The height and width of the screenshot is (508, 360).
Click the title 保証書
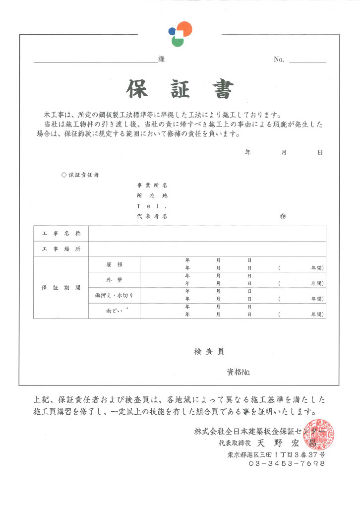pyautogui.click(x=179, y=89)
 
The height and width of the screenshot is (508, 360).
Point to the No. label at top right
pyautogui.click(x=279, y=60)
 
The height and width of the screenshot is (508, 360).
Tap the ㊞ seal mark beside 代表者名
pyautogui.click(x=283, y=216)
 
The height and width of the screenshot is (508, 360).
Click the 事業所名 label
pyautogui.click(x=152, y=185)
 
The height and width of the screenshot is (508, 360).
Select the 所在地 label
pyautogui.click(x=152, y=195)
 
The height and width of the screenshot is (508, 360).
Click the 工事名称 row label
pyautogui.click(x=61, y=233)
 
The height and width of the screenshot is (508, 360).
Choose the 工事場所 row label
pyautogui.click(x=61, y=249)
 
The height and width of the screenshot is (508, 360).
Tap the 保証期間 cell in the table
pyautogui.click(x=61, y=288)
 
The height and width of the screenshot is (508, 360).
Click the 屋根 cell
pyautogui.click(x=114, y=264)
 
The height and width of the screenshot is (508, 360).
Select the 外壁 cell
pyautogui.click(x=114, y=280)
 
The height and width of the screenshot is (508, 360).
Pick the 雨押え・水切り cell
pyautogui.click(x=114, y=295)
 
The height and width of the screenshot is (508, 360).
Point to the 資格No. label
pyautogui.click(x=239, y=371)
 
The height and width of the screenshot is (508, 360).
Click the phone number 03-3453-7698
pyautogui.click(x=287, y=463)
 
